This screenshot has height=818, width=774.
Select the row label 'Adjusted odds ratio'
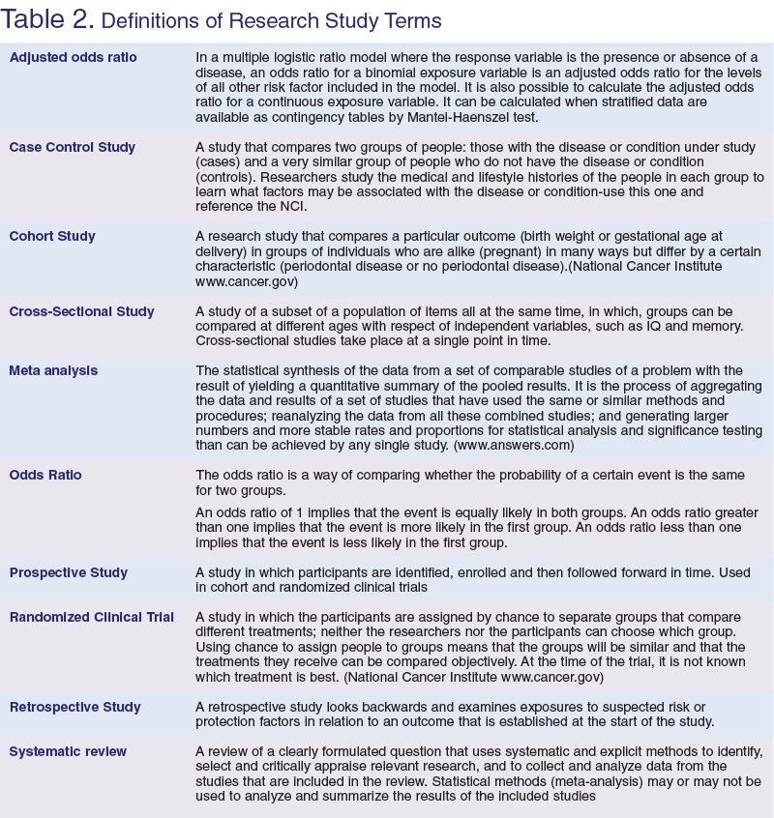pos(73,58)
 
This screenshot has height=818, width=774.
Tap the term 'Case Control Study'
pos(72,147)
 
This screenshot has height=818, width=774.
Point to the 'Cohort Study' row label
pos(52,236)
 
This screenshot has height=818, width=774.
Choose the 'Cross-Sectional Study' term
pos(81,311)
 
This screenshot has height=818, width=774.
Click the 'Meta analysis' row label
pos(53,370)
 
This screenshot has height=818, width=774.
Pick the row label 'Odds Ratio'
pos(45,475)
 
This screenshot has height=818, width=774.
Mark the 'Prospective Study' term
pos(68,572)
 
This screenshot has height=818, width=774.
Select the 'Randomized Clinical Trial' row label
pos(92,617)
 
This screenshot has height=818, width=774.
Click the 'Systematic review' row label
pos(68,751)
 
